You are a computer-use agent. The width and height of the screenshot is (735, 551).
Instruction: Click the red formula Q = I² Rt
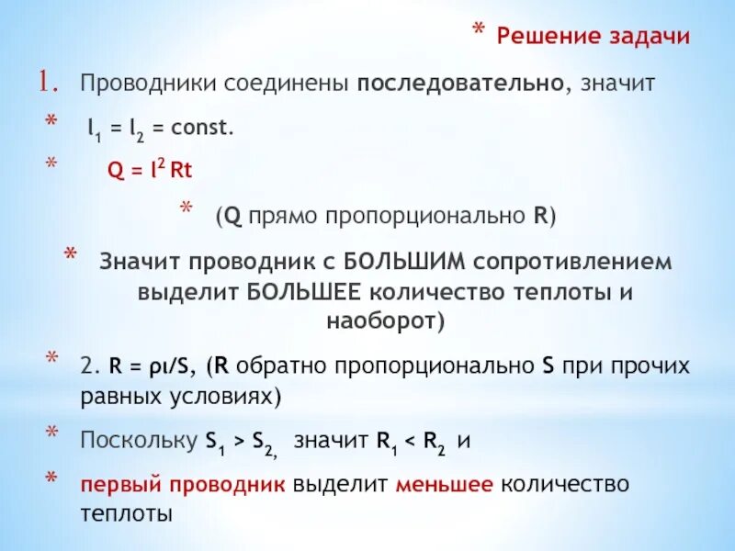(150, 172)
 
